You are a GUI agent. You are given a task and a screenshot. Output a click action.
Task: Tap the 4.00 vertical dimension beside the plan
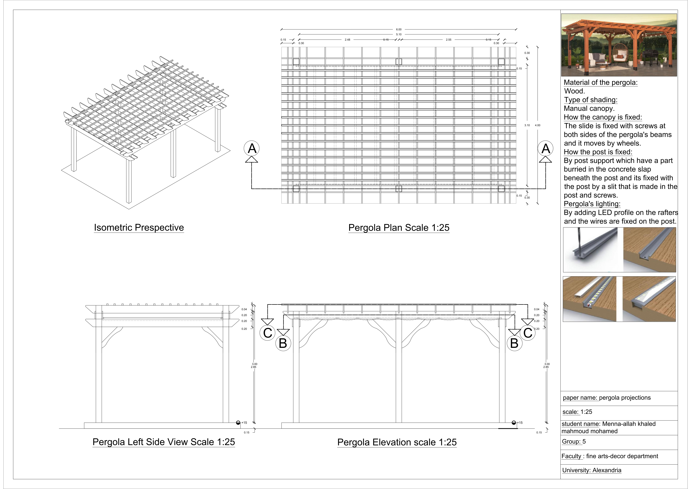(x=537, y=125)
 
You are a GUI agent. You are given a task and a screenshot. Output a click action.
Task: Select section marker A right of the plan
(x=546, y=148)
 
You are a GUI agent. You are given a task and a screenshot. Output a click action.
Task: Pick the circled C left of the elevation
(x=268, y=333)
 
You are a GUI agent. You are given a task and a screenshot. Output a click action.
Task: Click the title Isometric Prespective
(x=139, y=228)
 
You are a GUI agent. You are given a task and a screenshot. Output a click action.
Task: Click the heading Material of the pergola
(x=600, y=82)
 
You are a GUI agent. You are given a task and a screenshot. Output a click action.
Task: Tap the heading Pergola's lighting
(x=592, y=204)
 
